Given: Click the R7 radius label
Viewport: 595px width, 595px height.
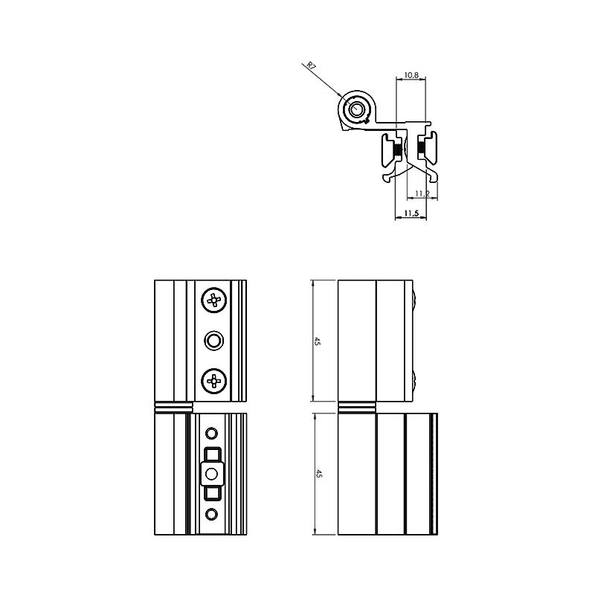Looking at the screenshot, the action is pos(311,66).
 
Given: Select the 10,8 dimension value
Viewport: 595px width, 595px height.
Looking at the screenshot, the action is pos(411,75).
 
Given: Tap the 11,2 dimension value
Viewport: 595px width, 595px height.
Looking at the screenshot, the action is pos(422,193).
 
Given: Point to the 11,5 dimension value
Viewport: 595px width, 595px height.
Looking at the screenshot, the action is pos(411,213).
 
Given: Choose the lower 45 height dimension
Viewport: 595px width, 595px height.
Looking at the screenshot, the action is pos(319,474).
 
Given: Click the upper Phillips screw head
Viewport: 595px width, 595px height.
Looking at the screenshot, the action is pos(214,300).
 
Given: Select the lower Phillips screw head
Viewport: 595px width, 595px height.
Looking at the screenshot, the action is pos(214,381).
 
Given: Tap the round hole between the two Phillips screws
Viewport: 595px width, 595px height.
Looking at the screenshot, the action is pos(213,341).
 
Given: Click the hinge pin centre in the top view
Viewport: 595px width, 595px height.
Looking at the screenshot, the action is pos(356,109).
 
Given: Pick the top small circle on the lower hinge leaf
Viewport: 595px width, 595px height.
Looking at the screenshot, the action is pos(211,433).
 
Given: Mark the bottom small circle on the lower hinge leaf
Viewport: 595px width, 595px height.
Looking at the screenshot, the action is pos(211,514).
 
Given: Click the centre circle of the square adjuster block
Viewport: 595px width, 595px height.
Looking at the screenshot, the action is pos(211,474).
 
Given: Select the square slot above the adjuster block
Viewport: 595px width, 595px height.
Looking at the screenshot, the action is pos(213,454).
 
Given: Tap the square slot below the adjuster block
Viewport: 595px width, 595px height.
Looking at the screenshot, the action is pos(213,493).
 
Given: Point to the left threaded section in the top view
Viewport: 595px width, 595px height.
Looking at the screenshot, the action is pos(397,151).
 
